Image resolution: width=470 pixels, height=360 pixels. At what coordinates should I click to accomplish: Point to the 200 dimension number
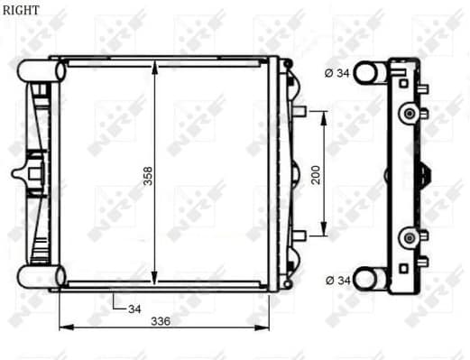click(x=316, y=174)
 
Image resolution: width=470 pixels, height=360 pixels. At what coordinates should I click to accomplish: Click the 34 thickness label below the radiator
click(x=134, y=309)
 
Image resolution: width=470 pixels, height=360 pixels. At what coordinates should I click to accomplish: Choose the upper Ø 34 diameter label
click(x=336, y=73)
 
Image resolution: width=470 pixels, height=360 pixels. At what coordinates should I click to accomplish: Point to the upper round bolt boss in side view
click(x=411, y=113)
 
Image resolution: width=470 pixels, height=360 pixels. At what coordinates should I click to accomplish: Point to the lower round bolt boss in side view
click(x=411, y=236)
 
